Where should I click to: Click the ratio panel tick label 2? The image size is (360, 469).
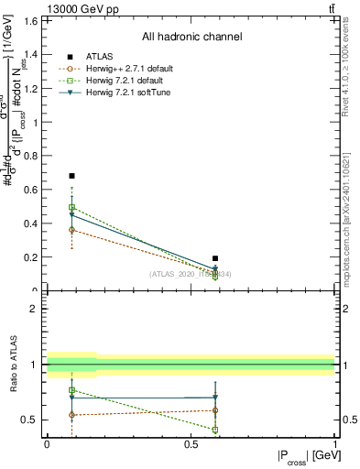pyautogui.click(x=36, y=309)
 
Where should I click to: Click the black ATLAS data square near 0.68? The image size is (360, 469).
pyautogui.click(x=71, y=175)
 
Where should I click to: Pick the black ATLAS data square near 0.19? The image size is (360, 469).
pyautogui.click(x=215, y=258)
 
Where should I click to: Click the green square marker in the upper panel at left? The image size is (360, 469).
pyautogui.click(x=71, y=208)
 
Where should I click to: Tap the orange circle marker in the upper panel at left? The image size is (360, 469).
pyautogui.click(x=71, y=230)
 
